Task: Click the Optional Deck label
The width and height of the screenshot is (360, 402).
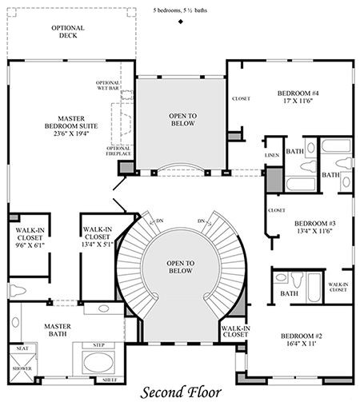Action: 67,31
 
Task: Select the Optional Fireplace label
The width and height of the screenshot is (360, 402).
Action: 118,151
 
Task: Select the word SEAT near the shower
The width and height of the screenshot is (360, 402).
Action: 23,348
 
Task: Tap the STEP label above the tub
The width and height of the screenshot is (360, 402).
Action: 99,344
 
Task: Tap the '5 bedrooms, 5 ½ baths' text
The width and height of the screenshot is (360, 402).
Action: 181,11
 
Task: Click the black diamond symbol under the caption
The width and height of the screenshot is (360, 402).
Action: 181,22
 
